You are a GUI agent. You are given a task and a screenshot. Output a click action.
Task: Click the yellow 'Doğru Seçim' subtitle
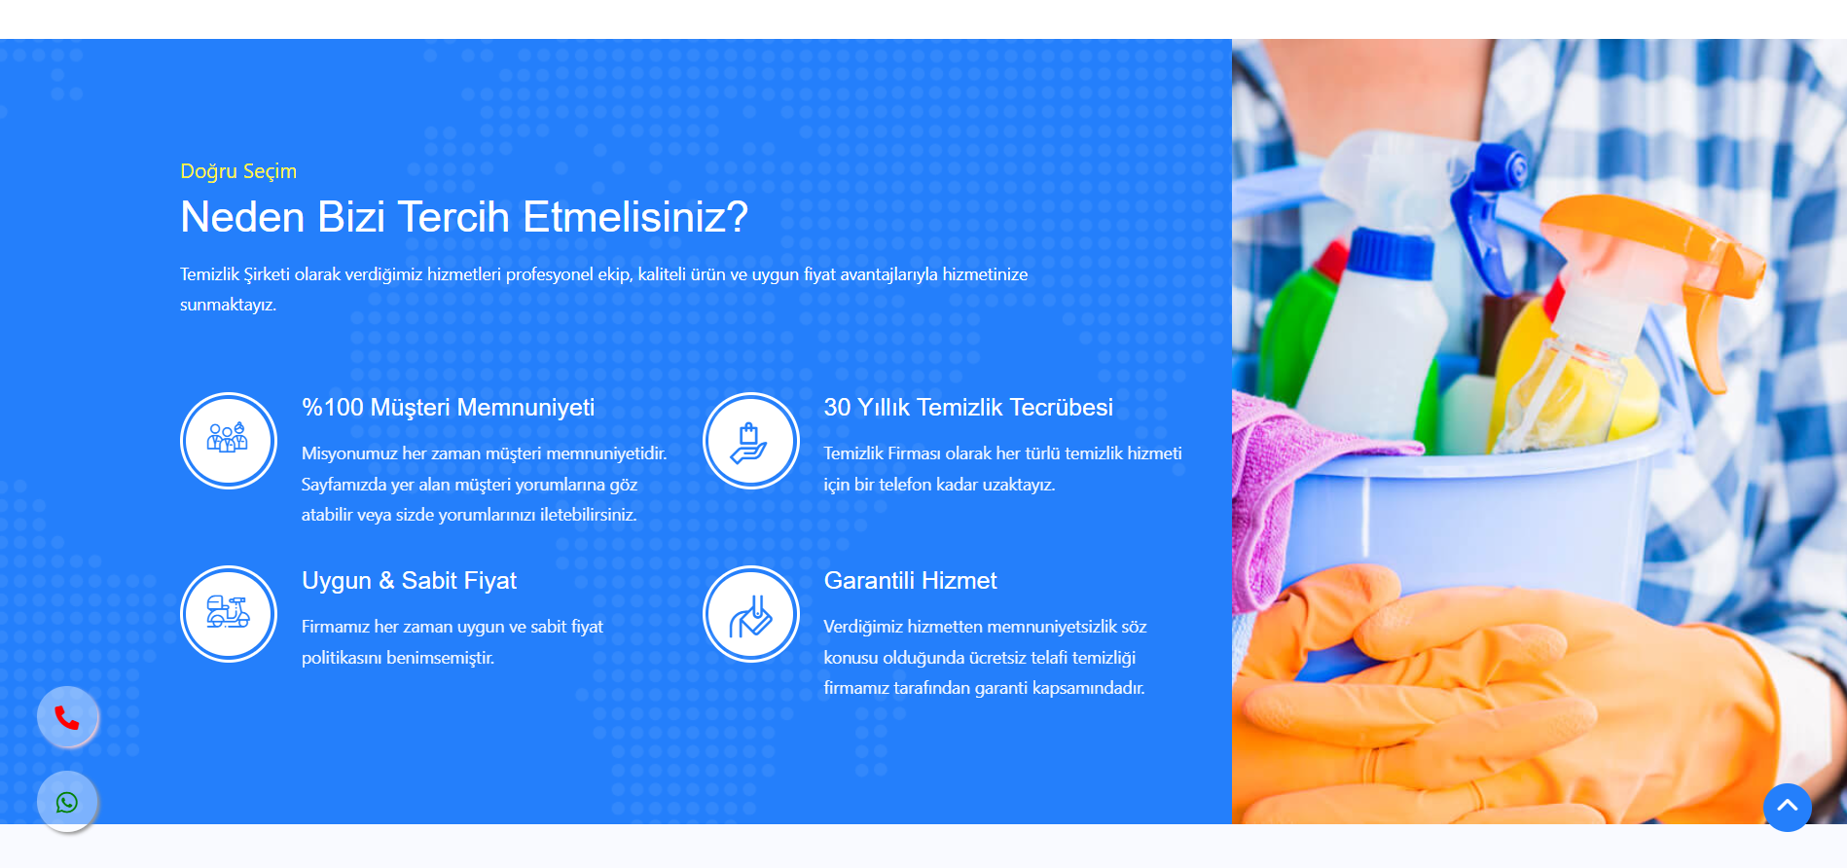pyautogui.click(x=238, y=171)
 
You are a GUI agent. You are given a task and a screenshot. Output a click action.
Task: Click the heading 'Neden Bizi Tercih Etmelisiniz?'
pyautogui.click(x=464, y=217)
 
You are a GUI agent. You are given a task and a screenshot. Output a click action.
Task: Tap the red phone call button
pyautogui.click(x=67, y=717)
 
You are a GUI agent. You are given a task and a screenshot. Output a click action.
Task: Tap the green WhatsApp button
pyautogui.click(x=67, y=802)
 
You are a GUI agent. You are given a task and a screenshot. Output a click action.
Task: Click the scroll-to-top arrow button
pyautogui.click(x=1787, y=807)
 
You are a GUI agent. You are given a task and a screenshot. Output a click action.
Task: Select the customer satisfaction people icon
pyautogui.click(x=229, y=440)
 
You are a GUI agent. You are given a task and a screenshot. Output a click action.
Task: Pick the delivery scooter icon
pyautogui.click(x=229, y=613)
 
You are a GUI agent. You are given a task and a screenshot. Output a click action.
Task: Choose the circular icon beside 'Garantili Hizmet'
pyautogui.click(x=750, y=613)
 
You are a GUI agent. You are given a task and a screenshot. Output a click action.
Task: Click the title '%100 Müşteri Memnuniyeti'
pyautogui.click(x=448, y=408)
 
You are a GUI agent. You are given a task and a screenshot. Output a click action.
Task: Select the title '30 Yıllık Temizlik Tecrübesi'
pyautogui.click(x=968, y=408)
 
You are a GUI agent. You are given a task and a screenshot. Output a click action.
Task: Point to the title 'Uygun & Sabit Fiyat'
pyautogui.click(x=409, y=581)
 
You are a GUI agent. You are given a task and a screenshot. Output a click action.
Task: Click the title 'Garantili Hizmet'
pyautogui.click(x=910, y=581)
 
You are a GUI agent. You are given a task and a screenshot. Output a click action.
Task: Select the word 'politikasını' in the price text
pyautogui.click(x=342, y=658)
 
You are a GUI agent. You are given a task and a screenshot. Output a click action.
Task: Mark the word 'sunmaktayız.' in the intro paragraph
pyautogui.click(x=228, y=305)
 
